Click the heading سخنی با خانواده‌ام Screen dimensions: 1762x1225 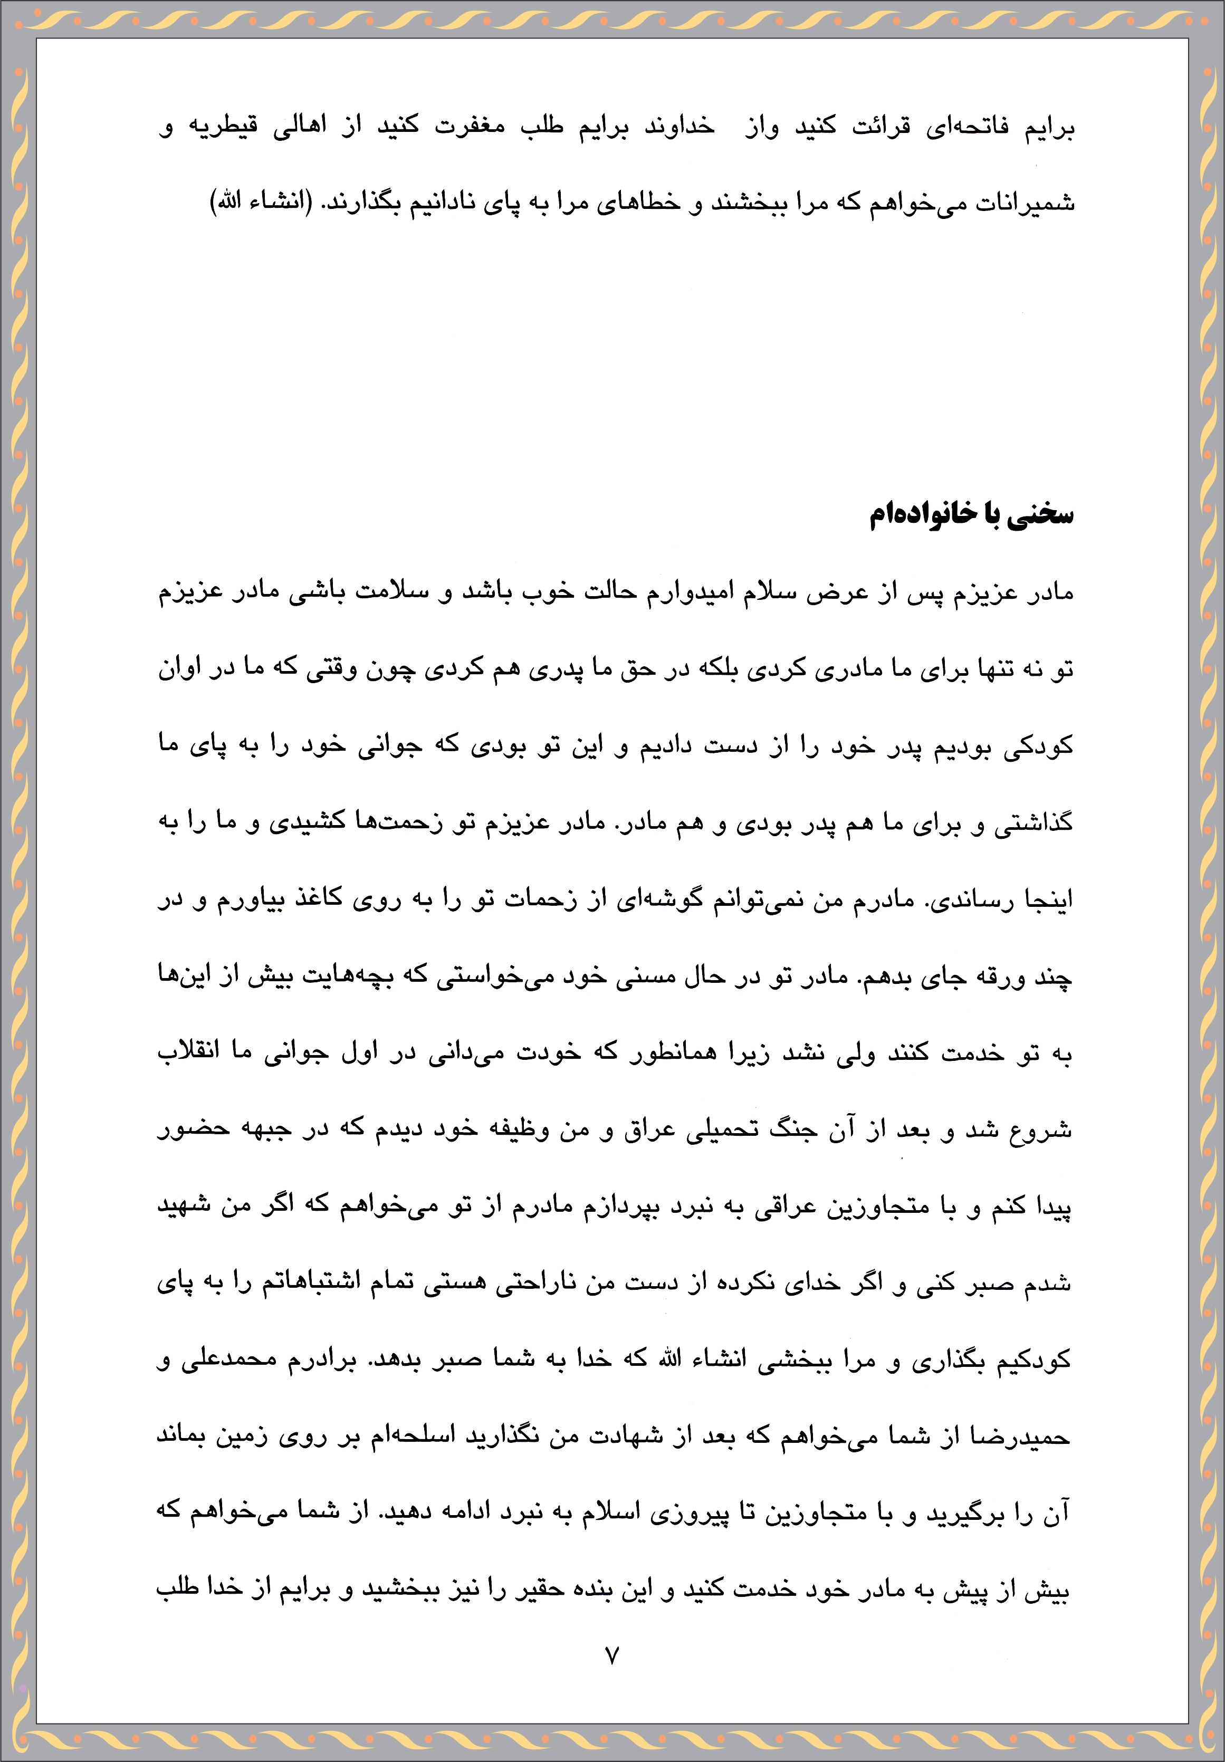tap(970, 514)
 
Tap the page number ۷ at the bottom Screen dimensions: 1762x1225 tap(612, 1655)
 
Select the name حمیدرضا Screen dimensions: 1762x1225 tap(1020, 1437)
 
